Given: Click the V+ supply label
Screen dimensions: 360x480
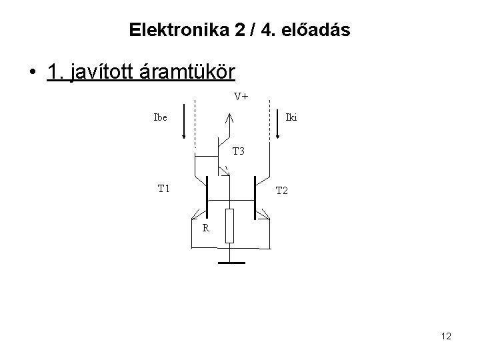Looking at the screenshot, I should (x=241, y=96).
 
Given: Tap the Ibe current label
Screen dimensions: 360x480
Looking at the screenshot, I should (x=161, y=118).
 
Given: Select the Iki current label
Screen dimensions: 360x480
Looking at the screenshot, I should (x=291, y=118).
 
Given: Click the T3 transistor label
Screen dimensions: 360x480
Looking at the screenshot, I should (x=239, y=151).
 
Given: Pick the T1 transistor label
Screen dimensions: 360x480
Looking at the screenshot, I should (x=164, y=188).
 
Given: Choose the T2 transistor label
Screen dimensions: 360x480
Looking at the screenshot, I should (x=281, y=191).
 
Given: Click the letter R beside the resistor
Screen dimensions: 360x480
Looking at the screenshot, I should (x=206, y=228).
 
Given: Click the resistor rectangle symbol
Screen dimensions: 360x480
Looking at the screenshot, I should (x=229, y=225).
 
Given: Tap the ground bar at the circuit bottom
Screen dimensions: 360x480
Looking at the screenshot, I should (x=231, y=262).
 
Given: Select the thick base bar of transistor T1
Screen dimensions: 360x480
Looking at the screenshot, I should (x=207, y=197).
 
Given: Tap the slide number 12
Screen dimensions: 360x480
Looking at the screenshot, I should (x=446, y=337).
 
